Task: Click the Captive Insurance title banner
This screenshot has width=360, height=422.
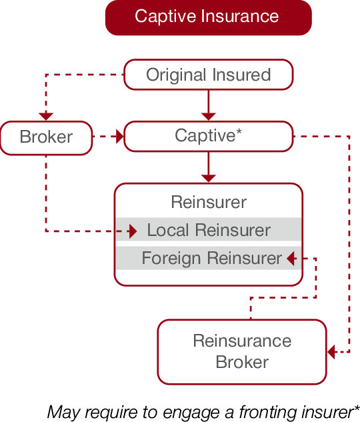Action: (x=209, y=17)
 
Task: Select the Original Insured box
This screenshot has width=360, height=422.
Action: (x=209, y=75)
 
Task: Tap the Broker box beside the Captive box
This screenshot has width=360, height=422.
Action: (x=46, y=138)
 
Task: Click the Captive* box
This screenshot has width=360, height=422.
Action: (x=209, y=136)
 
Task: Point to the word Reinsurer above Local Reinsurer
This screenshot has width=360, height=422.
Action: (x=209, y=202)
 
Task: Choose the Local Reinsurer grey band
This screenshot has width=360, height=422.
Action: (x=209, y=229)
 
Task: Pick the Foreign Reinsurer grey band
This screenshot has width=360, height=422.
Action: (x=209, y=258)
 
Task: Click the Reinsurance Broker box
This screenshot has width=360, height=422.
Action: (x=242, y=352)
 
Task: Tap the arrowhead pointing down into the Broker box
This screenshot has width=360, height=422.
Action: (x=46, y=117)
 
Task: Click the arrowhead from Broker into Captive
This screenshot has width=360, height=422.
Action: (x=120, y=137)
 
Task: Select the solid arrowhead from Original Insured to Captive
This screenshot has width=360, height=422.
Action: (x=209, y=117)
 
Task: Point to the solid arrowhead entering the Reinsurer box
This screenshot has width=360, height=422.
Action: (x=209, y=179)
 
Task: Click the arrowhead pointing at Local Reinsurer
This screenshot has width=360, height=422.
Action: (x=133, y=231)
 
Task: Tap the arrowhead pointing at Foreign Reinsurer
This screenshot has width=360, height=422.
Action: (x=291, y=259)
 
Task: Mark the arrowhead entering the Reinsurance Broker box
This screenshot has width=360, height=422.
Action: (x=331, y=351)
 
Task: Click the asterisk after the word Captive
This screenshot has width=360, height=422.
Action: (x=239, y=132)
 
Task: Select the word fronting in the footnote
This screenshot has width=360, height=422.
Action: (x=269, y=412)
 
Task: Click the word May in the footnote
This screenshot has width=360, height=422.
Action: (x=63, y=412)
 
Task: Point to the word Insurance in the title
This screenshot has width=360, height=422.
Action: (x=240, y=16)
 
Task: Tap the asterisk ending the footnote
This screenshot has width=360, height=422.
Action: (x=357, y=408)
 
